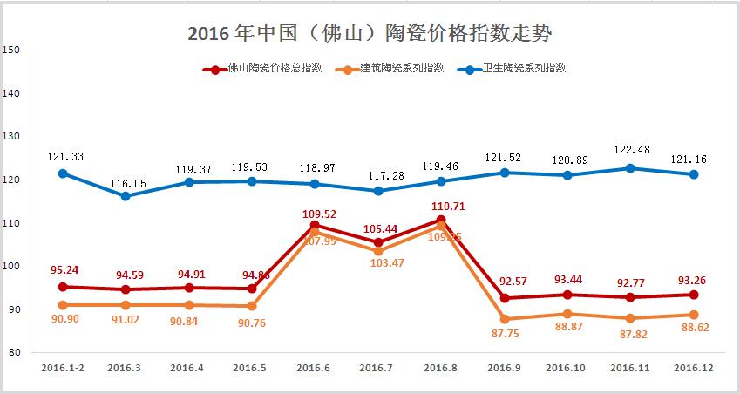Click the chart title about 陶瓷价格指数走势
(370, 34)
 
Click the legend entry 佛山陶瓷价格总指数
(261, 68)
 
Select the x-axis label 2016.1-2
(62, 368)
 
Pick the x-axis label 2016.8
(440, 368)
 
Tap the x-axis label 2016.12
(693, 368)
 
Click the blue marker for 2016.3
(126, 196)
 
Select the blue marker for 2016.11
(630, 168)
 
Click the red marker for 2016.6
(315, 225)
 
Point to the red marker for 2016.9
(504, 298)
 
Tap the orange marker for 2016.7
(377, 251)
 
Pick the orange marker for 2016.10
(567, 314)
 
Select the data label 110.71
(441, 206)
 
